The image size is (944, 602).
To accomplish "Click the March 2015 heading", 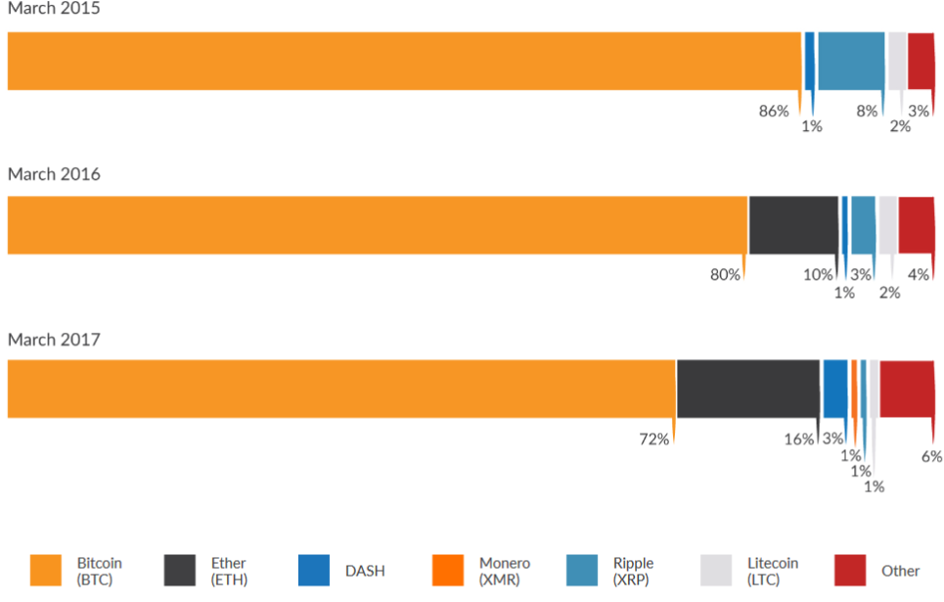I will pos(54,9).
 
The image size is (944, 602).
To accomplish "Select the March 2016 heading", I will pos(54,174).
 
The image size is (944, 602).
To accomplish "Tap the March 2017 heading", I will pos(54,340).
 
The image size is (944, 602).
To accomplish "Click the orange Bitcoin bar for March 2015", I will pos(403,61).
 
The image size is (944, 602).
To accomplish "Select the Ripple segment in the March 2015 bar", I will pos(850,61).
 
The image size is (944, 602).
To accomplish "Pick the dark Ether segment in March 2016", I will pos(792,225).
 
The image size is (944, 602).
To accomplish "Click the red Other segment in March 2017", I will pos(906,389).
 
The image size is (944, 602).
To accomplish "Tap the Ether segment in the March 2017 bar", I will pos(747,389).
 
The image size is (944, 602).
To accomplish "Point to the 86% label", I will pos(774,111).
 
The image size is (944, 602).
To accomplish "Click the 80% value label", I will pos(725,275).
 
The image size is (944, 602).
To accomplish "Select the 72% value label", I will pos(654,440).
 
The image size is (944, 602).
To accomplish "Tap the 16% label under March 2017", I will pos(798,440).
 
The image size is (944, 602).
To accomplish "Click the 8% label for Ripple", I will pos(867,111).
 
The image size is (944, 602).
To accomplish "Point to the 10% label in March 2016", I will pos(818,275).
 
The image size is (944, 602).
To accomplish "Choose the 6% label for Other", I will pos(931,456).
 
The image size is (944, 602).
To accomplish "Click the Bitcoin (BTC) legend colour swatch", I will pos(46,571).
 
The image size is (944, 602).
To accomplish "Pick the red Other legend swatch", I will pos(851,571).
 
